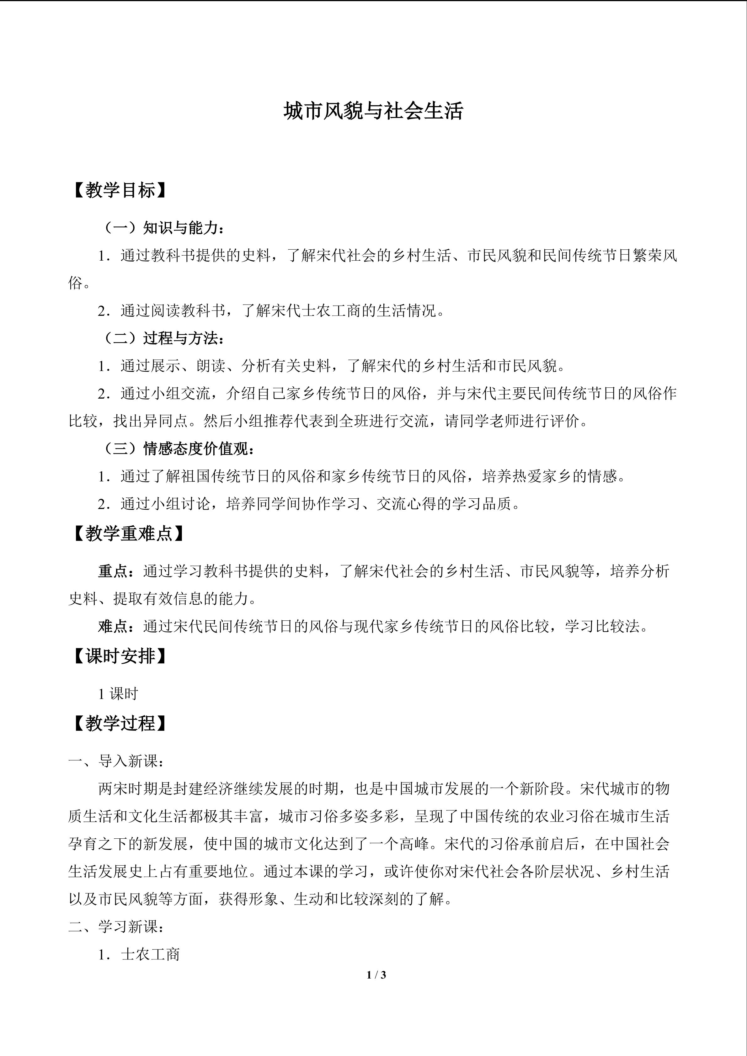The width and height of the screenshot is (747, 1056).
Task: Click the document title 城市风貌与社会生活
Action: coord(373,112)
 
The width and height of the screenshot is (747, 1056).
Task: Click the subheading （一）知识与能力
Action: coord(163,228)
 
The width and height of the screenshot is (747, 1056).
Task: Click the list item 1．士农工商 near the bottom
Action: coord(138,954)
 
